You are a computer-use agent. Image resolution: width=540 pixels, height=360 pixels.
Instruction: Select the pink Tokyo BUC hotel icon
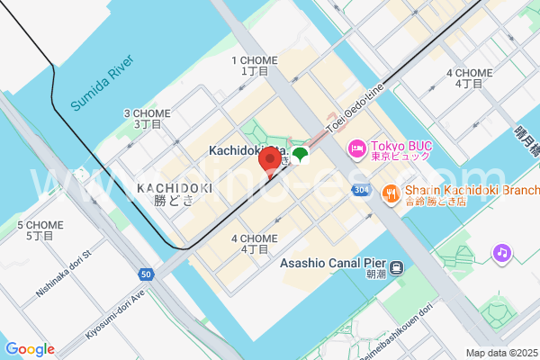coord(357,147)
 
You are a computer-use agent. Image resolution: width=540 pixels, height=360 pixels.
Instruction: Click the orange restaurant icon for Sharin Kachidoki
coord(391,191)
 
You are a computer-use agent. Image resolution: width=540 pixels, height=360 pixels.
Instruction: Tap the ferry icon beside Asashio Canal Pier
coord(395,267)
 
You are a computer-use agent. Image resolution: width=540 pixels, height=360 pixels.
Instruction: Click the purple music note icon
coord(502,253)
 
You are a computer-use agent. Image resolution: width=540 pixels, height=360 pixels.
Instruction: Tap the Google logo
coord(30,349)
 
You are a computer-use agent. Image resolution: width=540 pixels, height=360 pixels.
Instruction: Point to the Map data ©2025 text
coord(501,352)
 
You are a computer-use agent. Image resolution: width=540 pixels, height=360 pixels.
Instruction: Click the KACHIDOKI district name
coord(175,187)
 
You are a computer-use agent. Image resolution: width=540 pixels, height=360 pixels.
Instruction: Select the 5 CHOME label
coord(40,229)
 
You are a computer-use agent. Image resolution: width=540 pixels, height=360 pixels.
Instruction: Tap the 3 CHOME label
coord(147,119)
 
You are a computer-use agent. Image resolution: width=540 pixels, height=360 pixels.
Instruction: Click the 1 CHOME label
coord(255,66)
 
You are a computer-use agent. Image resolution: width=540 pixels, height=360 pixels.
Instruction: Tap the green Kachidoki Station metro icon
coord(300,157)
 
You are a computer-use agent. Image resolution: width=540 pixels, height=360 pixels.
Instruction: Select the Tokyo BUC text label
coord(397,147)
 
